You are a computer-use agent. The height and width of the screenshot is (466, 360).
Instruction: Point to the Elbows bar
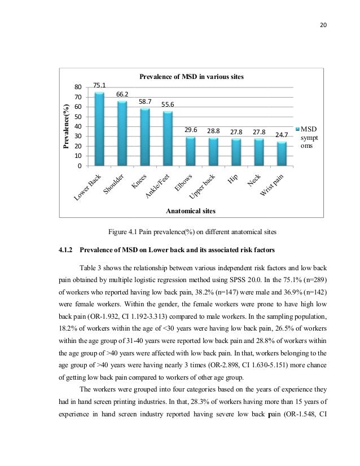click(x=191, y=151)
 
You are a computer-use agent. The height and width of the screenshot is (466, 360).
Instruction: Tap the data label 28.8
click(x=213, y=130)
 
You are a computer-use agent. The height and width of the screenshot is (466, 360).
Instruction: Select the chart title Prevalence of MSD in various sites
click(x=192, y=76)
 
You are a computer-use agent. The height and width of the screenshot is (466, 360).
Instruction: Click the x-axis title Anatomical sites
click(x=191, y=210)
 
